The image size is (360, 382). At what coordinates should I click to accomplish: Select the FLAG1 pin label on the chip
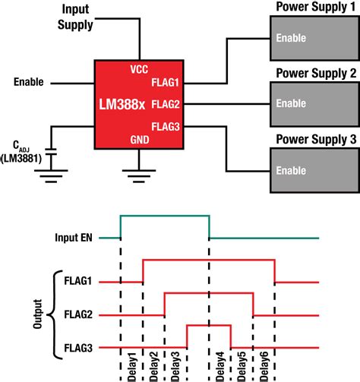pos(165,84)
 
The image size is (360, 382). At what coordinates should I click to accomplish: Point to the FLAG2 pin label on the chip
pos(165,104)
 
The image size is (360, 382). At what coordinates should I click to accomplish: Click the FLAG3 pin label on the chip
pos(165,125)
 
